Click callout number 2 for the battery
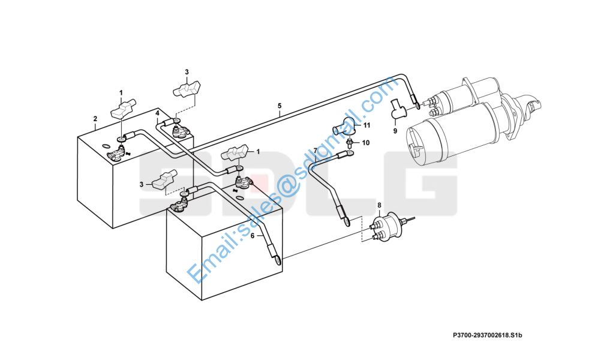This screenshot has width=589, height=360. pyautogui.click(x=95, y=119)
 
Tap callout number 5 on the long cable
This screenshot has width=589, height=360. pyautogui.click(x=280, y=106)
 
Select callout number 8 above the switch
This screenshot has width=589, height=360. pyautogui.click(x=380, y=205)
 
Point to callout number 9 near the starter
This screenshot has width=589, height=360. pyautogui.click(x=395, y=131)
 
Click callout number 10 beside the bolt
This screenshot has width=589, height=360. pyautogui.click(x=365, y=143)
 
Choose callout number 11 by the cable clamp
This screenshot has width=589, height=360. pyautogui.click(x=366, y=125)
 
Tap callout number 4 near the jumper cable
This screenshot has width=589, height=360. pyautogui.click(x=157, y=113)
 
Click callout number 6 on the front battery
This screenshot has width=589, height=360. pyautogui.click(x=253, y=236)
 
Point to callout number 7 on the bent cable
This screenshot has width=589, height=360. pyautogui.click(x=315, y=151)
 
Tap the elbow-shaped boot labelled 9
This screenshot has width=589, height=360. pyautogui.click(x=396, y=109)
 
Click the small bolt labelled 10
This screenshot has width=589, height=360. pyautogui.click(x=350, y=143)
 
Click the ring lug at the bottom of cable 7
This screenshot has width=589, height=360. pyautogui.click(x=346, y=222)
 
